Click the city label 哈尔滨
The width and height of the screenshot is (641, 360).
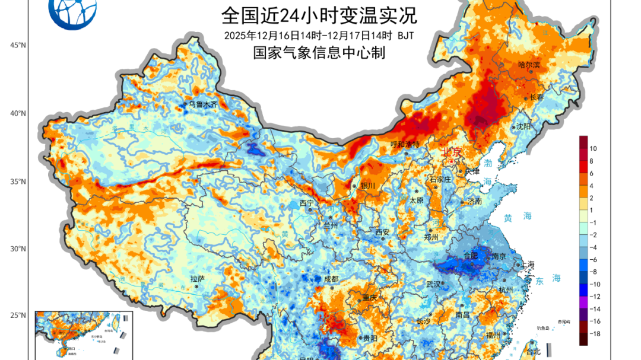tap(529, 65)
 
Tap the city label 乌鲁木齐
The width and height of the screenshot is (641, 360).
tap(204, 104)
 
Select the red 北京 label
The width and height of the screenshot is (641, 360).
tap(451, 152)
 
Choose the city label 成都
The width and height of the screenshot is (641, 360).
tap(331, 279)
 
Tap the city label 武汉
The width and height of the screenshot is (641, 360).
tap(434, 284)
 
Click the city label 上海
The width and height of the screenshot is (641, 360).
tap(528, 265)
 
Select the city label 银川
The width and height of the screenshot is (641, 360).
tap(368, 186)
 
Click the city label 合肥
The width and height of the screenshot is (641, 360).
tap(471, 256)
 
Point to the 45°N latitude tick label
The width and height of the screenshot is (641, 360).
tap(18, 45)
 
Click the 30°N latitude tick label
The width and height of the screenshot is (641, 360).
tap(18, 249)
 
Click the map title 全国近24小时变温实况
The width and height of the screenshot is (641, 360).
tap(319, 13)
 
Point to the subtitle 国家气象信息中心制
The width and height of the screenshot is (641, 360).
tap(319, 53)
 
